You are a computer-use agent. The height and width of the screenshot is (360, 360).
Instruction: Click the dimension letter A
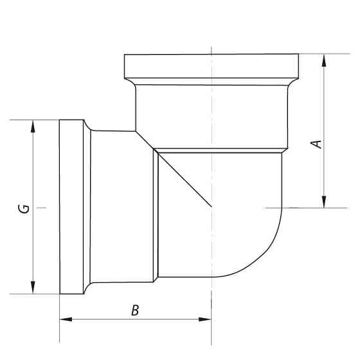tap(316, 143)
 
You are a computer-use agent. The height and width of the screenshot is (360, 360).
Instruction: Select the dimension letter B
tap(135, 310)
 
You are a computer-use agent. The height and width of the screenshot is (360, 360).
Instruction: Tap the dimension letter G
tap(23, 208)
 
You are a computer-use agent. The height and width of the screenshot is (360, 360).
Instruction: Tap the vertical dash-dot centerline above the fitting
tap(212, 39)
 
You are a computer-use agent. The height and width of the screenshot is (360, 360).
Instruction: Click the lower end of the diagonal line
tap(210, 206)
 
